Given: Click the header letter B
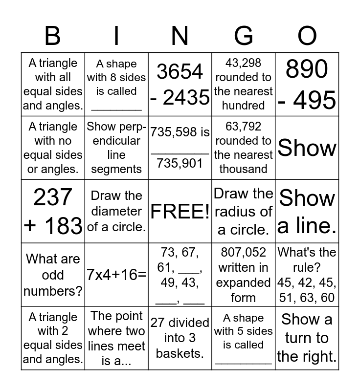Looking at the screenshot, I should tap(52, 36).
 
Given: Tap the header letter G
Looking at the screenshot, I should tap(244, 36).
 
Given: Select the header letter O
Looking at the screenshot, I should tap(307, 36).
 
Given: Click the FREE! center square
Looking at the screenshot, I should tap(180, 211).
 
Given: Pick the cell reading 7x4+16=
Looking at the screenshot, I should tap(116, 275).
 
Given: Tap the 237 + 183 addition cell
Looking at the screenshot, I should tap(53, 211).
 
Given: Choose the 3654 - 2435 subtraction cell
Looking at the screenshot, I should tap(180, 84).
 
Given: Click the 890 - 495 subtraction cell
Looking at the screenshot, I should tap(307, 84).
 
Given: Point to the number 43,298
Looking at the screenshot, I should tap(243, 63).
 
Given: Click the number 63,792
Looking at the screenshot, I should tap(243, 127).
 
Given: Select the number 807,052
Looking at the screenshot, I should tap(243, 253).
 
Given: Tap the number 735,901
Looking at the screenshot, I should tap(180, 163).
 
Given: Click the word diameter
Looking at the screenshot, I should tap(116, 211).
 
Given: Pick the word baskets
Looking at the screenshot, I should tap(180, 353).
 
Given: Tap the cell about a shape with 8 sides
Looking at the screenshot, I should tap(116, 84).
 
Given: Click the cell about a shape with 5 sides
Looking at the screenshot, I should tap(244, 338).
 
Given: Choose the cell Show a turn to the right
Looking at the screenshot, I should tap(307, 338).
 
